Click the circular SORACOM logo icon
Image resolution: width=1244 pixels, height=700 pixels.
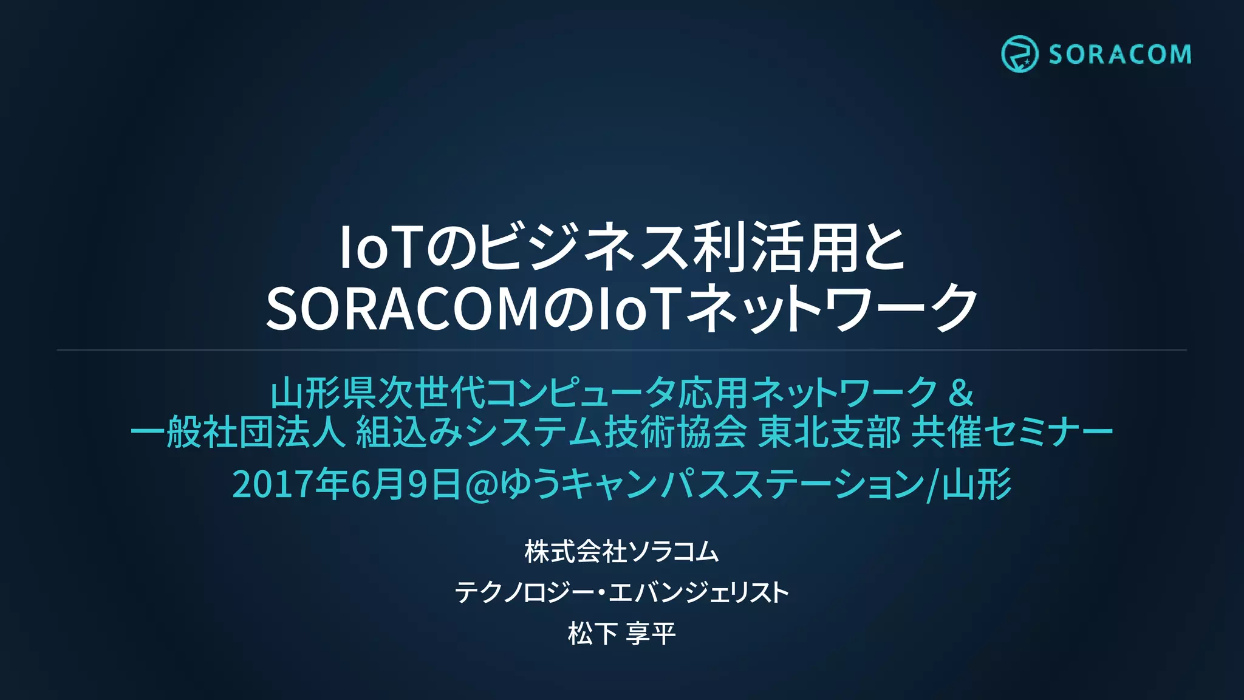pos(1019,54)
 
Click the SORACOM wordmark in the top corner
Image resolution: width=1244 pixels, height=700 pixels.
pos(1119,55)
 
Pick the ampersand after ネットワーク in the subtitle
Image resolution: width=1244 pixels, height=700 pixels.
pos(960,393)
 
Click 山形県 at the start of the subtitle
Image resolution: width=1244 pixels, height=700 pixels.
pos(323,393)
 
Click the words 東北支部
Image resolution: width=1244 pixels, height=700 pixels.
pos(829,433)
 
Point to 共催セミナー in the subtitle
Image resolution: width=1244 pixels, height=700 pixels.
pos(1012,433)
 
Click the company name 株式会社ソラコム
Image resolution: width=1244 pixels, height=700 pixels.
pos(621,552)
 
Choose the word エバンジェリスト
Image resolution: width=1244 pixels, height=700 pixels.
pos(699,592)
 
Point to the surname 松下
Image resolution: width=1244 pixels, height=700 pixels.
pos(593,634)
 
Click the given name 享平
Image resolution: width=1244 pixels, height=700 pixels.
pos(651,634)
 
